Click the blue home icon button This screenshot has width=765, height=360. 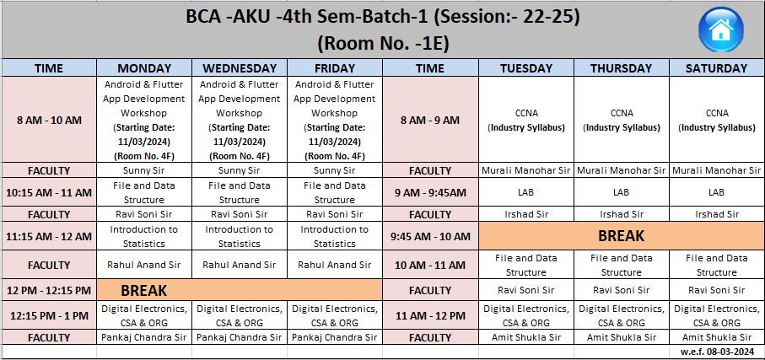[x=720, y=30]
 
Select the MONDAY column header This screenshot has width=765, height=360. [x=144, y=67]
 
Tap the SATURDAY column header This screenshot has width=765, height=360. [x=717, y=67]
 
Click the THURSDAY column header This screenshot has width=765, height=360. [x=622, y=67]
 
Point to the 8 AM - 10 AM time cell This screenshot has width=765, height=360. [x=49, y=120]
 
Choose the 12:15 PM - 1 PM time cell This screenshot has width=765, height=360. [x=49, y=315]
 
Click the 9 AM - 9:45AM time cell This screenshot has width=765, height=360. [x=430, y=193]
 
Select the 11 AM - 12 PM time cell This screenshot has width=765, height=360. [x=430, y=315]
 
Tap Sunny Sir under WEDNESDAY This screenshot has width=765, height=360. [x=239, y=171]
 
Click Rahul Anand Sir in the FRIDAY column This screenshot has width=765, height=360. [x=335, y=265]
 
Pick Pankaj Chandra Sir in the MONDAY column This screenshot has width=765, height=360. [x=144, y=337]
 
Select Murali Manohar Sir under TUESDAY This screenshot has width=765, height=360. [x=526, y=171]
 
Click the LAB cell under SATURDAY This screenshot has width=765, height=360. [x=717, y=193]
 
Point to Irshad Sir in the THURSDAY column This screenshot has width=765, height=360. [x=622, y=214]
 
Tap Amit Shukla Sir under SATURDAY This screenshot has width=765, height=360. [x=717, y=337]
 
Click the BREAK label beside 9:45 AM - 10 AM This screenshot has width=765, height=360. [x=621, y=236]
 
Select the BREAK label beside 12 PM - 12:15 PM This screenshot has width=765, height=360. [x=144, y=291]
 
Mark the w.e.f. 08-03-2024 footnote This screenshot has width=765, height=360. [x=717, y=352]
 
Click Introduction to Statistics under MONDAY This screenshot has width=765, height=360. [x=144, y=236]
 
